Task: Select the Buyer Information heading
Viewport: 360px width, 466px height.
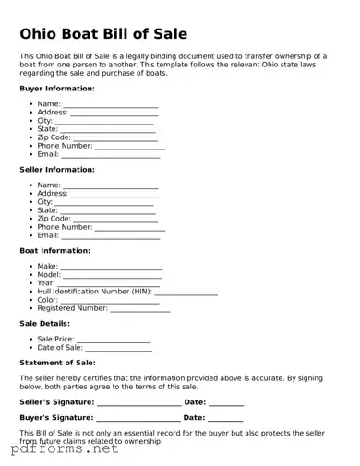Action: (57, 89)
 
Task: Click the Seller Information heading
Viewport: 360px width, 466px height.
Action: (57, 170)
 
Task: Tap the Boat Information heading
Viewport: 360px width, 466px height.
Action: (54, 251)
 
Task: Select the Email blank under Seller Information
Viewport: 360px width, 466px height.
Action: (111, 237)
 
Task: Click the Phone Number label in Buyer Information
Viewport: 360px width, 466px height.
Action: (65, 146)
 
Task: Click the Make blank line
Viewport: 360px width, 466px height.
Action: (112, 269)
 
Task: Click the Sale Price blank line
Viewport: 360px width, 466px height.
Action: (114, 341)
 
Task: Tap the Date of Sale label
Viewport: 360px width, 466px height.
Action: (60, 348)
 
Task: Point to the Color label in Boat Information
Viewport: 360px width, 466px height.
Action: (47, 300)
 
